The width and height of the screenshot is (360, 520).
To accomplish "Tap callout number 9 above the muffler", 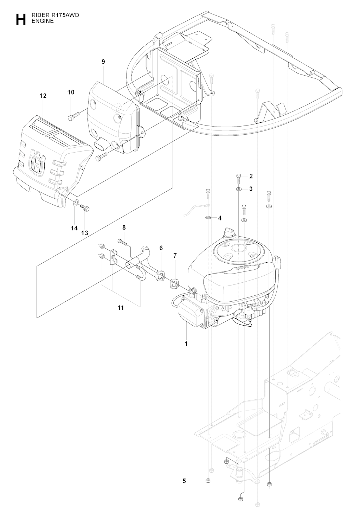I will [x=103, y=62].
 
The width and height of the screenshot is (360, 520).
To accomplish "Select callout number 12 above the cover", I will [x=43, y=96].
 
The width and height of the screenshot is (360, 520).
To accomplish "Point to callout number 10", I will [x=71, y=92].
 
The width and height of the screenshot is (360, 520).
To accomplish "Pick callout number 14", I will [x=74, y=228].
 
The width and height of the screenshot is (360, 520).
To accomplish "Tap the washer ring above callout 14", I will [x=76, y=203].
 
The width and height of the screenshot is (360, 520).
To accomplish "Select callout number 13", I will [x=85, y=233].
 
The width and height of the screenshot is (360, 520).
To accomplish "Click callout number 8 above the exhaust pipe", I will [x=124, y=227].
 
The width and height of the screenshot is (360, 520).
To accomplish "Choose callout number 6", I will [x=161, y=248].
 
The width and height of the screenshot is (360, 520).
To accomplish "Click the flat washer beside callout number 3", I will [x=239, y=189].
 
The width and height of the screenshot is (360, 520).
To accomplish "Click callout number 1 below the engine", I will [x=186, y=344].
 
